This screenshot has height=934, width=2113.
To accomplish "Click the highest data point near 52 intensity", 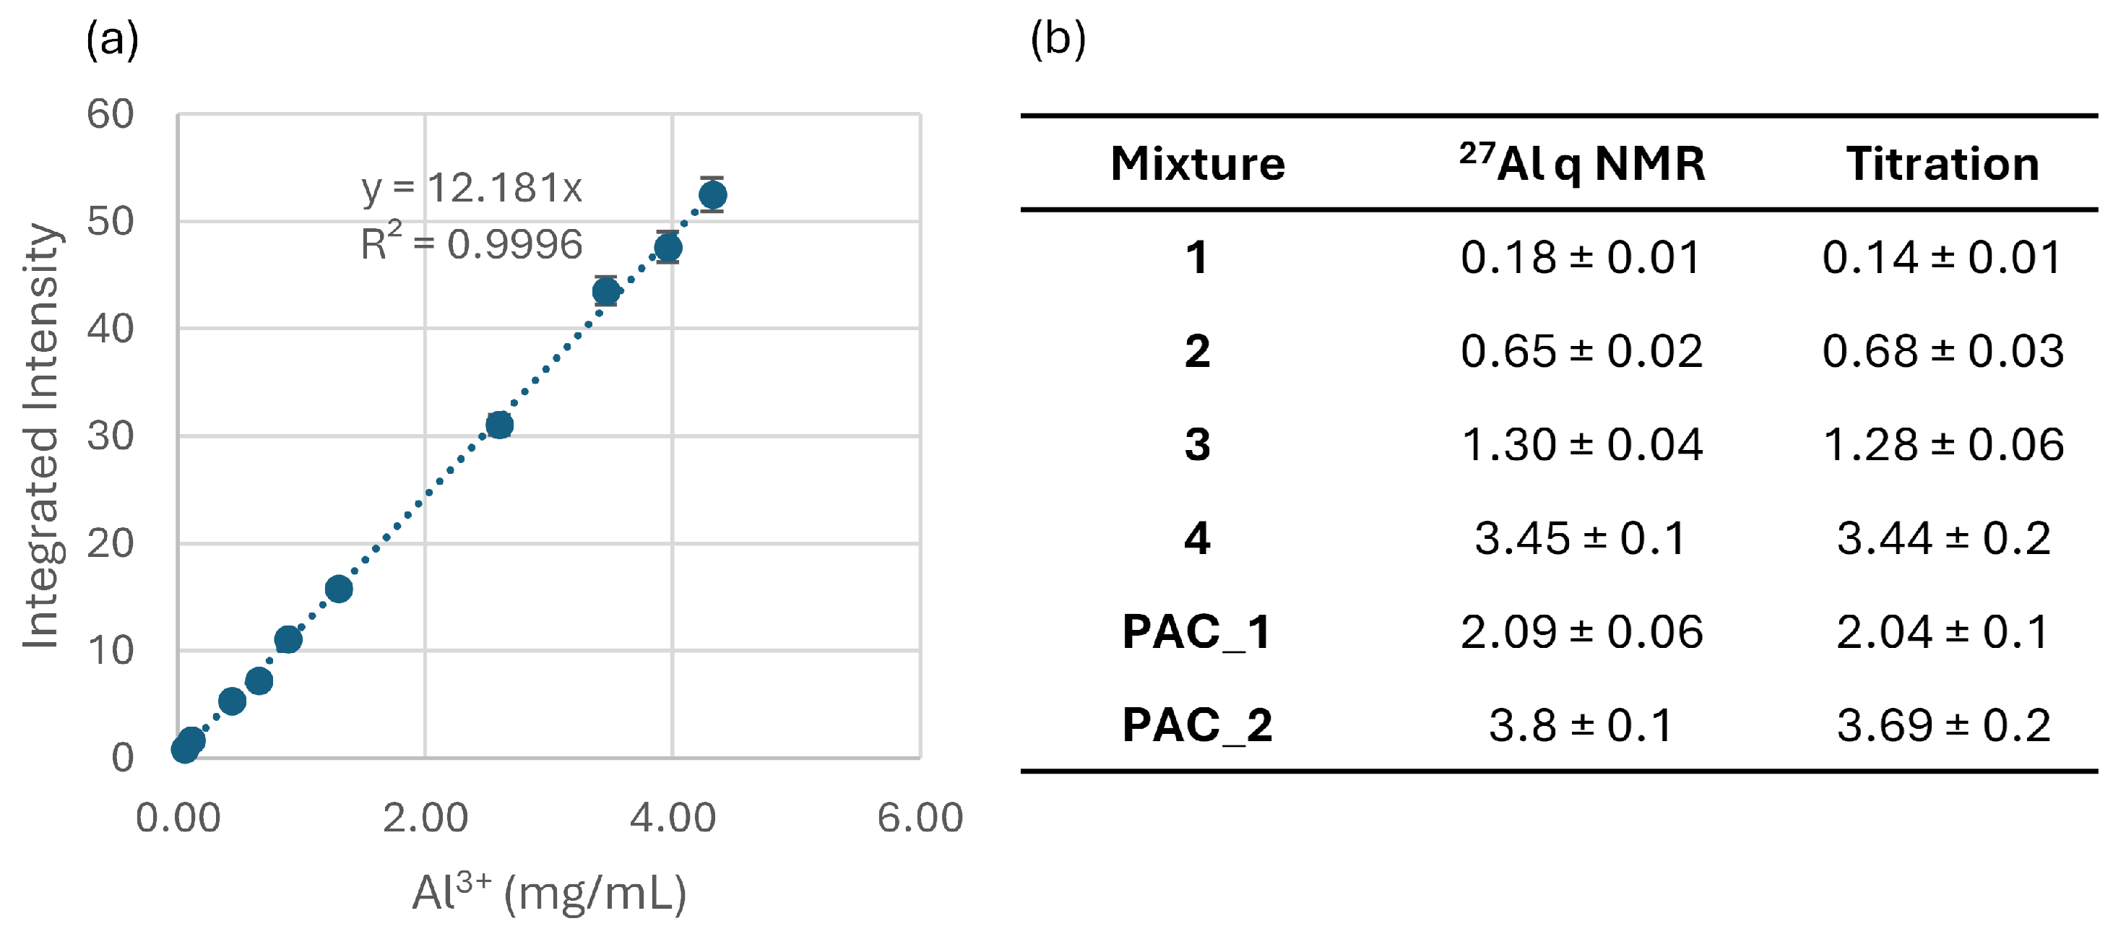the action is point(712,195).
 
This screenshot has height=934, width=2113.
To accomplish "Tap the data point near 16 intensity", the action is point(339,589).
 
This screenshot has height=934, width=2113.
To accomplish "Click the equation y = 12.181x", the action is point(472,189).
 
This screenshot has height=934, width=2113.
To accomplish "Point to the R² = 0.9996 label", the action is point(472,242).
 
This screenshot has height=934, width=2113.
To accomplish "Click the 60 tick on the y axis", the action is point(111,114).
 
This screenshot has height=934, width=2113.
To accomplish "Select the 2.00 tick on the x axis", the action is point(425,818).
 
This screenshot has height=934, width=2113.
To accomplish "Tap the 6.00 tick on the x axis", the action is point(920,818).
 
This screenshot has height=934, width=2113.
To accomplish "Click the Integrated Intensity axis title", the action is point(41,436).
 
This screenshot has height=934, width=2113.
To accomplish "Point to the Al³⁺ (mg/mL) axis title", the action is point(549,891).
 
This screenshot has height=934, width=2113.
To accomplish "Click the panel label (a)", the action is point(113,38).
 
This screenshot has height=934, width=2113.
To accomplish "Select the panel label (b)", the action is point(1058,38).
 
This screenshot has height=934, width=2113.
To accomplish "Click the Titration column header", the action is point(1943,163).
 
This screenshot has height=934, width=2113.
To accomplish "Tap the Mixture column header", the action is point(1198,163).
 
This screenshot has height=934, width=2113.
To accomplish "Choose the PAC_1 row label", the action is point(1197,632).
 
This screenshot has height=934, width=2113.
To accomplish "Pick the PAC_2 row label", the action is point(1197,726).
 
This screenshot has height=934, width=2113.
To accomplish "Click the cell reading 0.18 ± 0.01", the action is point(1581,257).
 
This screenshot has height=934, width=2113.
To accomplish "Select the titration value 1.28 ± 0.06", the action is point(1943,444).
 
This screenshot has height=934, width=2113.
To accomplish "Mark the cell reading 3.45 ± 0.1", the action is point(1581,538).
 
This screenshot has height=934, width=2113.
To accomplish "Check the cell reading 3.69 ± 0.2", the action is point(1943,725).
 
